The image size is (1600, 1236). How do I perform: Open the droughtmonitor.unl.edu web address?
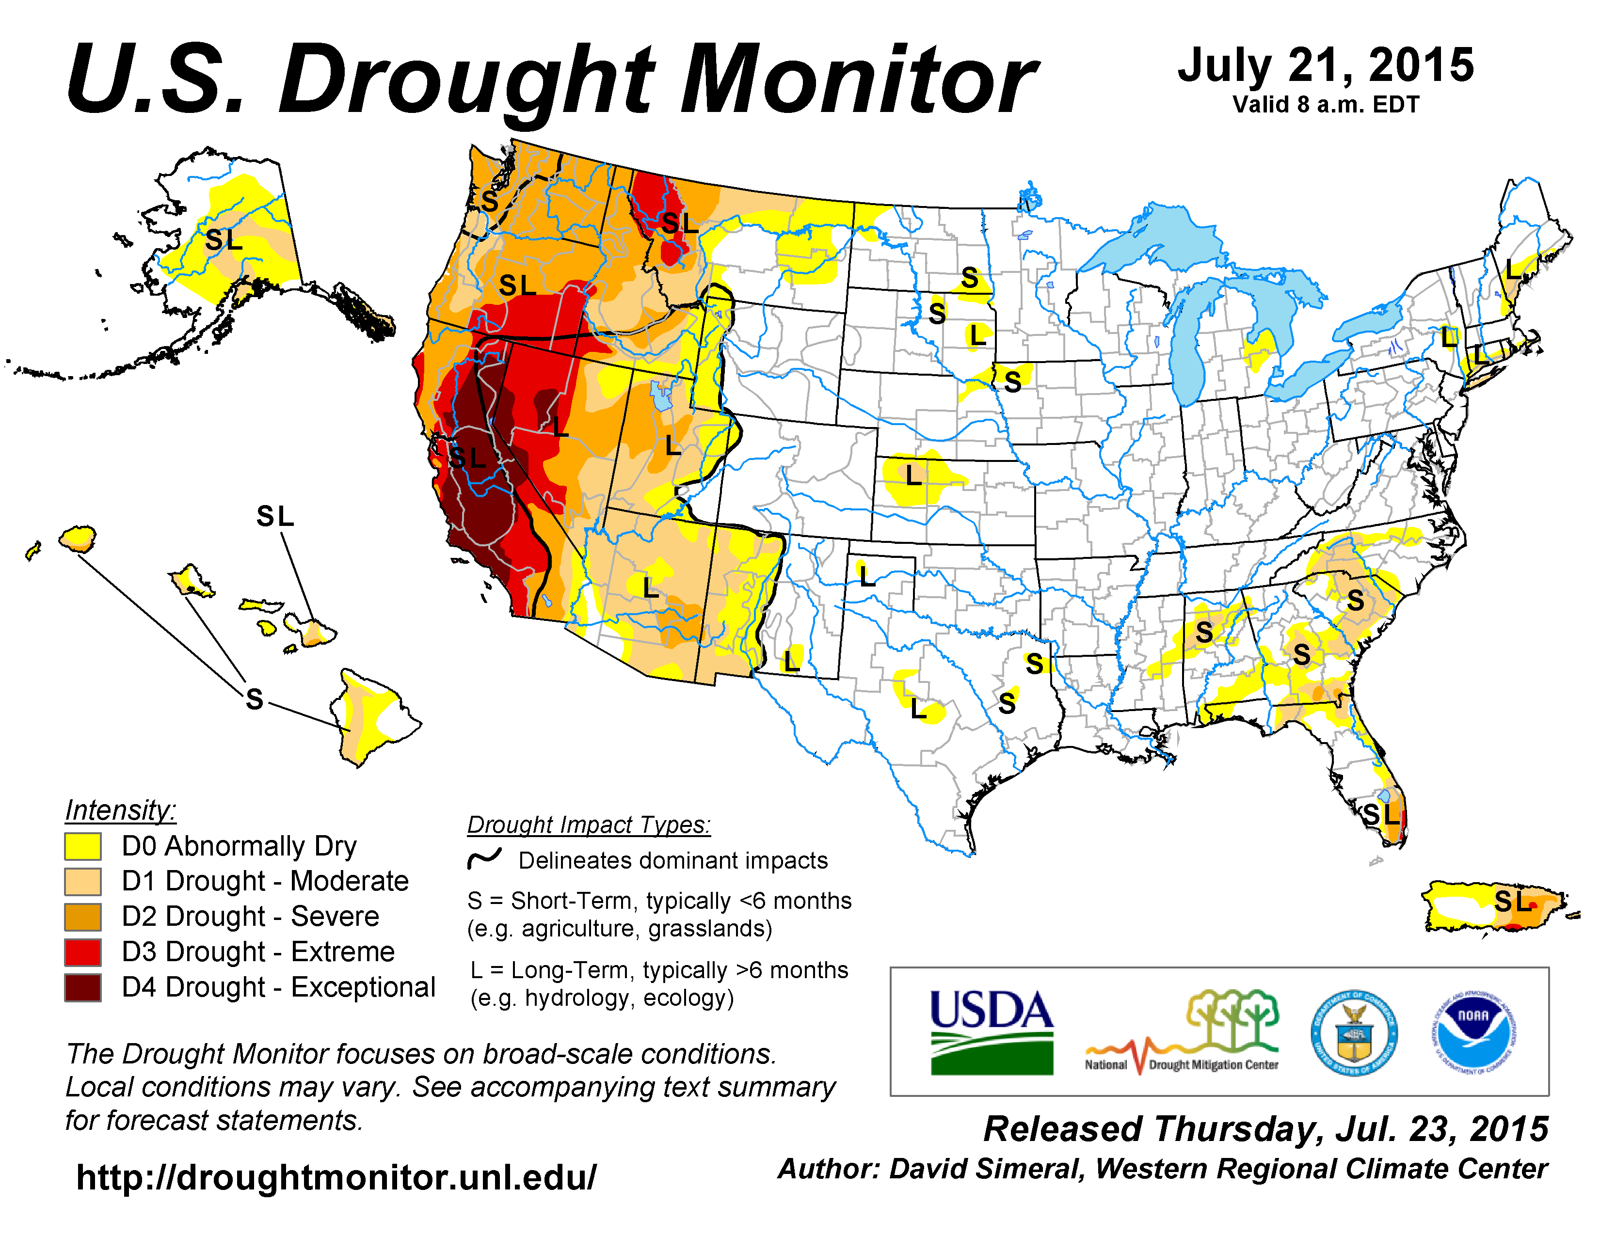(x=336, y=1177)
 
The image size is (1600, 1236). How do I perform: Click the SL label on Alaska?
(x=224, y=239)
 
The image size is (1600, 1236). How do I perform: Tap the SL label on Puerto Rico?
(x=1512, y=902)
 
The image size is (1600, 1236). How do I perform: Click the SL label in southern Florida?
(x=1381, y=814)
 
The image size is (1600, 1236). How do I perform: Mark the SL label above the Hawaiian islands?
(x=275, y=516)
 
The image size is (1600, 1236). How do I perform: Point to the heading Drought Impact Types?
(x=589, y=824)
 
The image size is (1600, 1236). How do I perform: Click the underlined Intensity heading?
(x=120, y=810)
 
